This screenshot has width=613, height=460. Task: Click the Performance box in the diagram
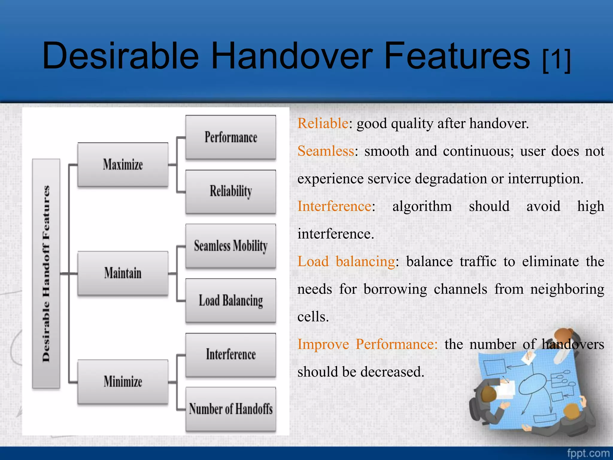click(230, 137)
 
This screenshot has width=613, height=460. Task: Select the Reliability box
click(230, 192)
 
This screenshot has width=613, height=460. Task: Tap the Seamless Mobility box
click(230, 246)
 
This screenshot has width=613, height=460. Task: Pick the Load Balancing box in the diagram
click(230, 300)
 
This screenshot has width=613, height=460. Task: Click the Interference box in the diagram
click(230, 355)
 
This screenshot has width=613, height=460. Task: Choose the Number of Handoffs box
click(230, 409)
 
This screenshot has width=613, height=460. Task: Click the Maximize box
click(123, 165)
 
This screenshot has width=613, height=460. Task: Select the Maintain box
click(123, 273)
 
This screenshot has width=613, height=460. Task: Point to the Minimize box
click(123, 382)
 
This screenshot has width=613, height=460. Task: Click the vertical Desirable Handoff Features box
click(46, 273)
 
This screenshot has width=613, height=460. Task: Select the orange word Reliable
click(323, 123)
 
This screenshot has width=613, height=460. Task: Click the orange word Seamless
click(326, 151)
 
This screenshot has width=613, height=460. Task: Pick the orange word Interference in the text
click(334, 206)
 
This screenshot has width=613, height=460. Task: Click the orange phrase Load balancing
click(346, 261)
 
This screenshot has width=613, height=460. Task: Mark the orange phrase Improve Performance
click(367, 344)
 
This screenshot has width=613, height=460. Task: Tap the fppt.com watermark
click(588, 453)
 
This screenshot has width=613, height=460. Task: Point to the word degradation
click(451, 179)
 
